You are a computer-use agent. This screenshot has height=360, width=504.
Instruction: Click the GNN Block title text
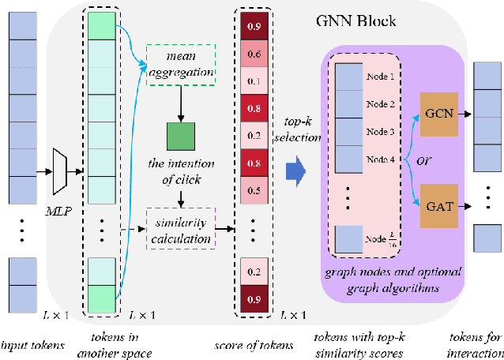point(367,21)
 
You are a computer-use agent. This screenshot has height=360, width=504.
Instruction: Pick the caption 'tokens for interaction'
point(478,343)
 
